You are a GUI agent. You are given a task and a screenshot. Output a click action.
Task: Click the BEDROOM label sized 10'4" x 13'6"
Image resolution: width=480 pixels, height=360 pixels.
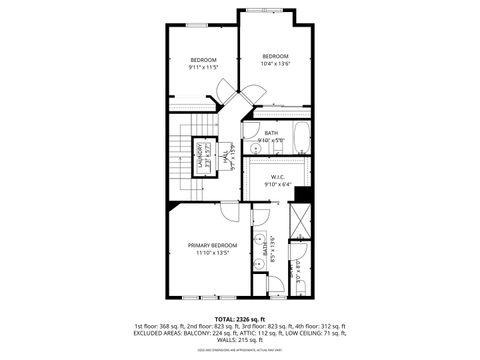click(275, 56)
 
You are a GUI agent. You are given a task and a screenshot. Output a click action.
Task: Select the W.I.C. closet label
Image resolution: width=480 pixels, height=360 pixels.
click(278, 177)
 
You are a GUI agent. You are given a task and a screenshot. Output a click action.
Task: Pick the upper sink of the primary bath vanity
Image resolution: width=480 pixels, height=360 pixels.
click(258, 239)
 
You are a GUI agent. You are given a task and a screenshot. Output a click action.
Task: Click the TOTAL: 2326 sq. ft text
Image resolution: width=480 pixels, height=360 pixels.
click(240, 319)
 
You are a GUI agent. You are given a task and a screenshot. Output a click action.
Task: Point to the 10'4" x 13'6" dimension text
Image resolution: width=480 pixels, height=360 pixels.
click(275, 63)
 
